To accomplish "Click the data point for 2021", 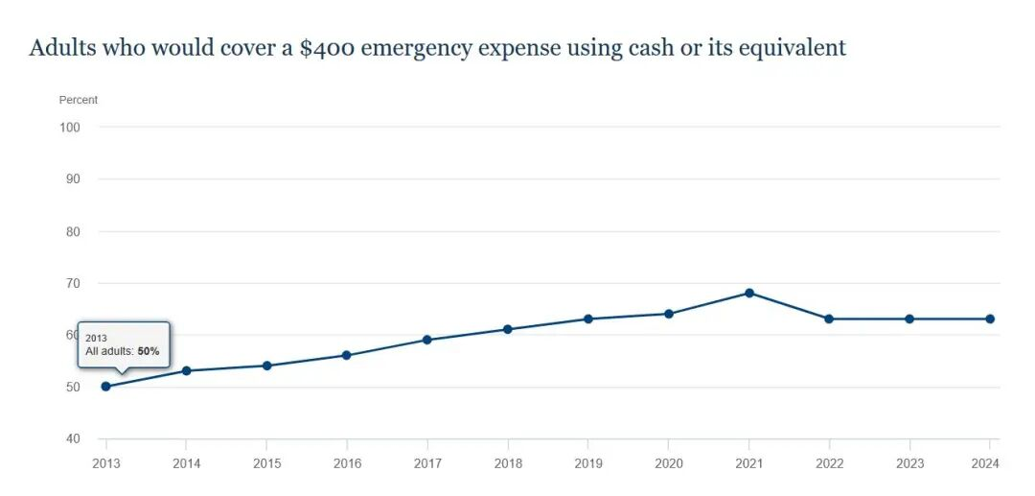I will (749, 293).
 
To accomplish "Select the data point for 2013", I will (105, 387).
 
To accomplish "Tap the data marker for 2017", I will (427, 340).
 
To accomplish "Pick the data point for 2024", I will (990, 319).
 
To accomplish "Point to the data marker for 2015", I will (266, 366).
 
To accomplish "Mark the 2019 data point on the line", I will (588, 319).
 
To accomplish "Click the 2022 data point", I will (830, 319).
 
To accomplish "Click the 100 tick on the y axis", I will (69, 127).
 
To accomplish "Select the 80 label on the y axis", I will (73, 231).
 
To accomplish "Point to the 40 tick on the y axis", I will (73, 439).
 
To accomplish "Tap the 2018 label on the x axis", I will (508, 463).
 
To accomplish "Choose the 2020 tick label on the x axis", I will (669, 463).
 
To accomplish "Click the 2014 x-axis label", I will (186, 463).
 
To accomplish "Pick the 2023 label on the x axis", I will (910, 463).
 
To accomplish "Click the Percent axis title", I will (79, 100).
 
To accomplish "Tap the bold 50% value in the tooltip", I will (149, 352).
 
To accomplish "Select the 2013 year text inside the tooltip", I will (96, 338).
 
